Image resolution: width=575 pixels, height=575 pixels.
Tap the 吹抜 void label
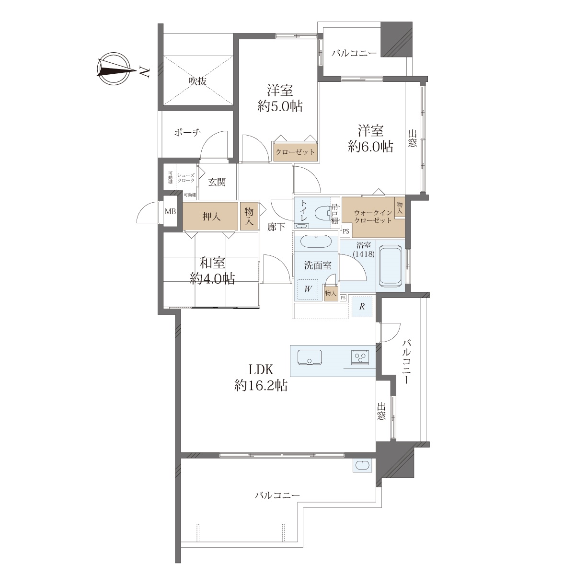(x=197, y=80)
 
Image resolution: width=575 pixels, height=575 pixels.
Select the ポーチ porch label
(x=187, y=132)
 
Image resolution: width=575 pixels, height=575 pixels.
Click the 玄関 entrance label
(x=217, y=182)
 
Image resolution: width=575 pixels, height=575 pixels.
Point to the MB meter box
(x=171, y=212)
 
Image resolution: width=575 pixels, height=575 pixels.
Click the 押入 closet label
(x=211, y=216)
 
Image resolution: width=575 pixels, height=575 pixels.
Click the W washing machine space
(x=308, y=288)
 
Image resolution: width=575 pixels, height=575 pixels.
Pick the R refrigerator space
(x=362, y=307)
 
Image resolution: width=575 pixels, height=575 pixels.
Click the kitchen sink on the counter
(x=310, y=357)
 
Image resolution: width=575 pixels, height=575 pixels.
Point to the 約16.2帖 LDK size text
(x=261, y=386)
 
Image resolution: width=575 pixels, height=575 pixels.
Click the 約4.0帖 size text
(x=212, y=279)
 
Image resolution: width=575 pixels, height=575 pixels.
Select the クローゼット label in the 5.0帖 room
(x=295, y=152)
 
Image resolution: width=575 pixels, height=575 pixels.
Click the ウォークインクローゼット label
(x=373, y=217)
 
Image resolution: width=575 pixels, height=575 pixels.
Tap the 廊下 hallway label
(x=276, y=227)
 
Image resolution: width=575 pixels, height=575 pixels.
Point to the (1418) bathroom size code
(x=363, y=254)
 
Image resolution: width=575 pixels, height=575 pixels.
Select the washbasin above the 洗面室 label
(x=316, y=241)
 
